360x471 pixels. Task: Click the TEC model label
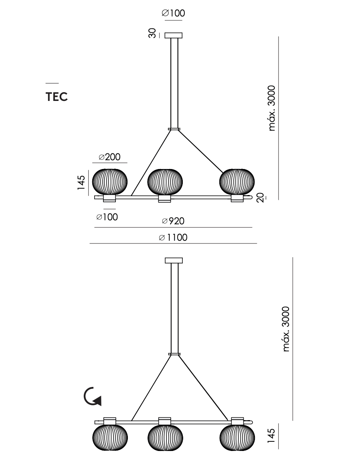coord(57,97)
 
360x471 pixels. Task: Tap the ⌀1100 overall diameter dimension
coord(173,238)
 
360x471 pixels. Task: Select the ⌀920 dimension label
coord(173,221)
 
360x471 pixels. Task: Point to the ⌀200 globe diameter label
coord(109,157)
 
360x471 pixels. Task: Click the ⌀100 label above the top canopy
coord(173,13)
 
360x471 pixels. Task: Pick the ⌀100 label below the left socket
coord(107,217)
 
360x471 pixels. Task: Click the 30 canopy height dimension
coord(152,33)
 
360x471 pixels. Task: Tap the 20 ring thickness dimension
coord(261,197)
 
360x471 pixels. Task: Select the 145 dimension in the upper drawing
coord(81,182)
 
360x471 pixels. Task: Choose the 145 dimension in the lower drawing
coord(271,436)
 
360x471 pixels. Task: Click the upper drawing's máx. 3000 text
coord(271,108)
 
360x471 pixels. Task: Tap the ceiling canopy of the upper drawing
coord(174,35)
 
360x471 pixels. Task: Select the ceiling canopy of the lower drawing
coord(174,260)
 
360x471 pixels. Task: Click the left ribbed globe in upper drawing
coord(110,182)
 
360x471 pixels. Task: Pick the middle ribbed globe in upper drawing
coord(165,182)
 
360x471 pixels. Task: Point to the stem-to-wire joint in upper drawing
coord(174,129)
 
